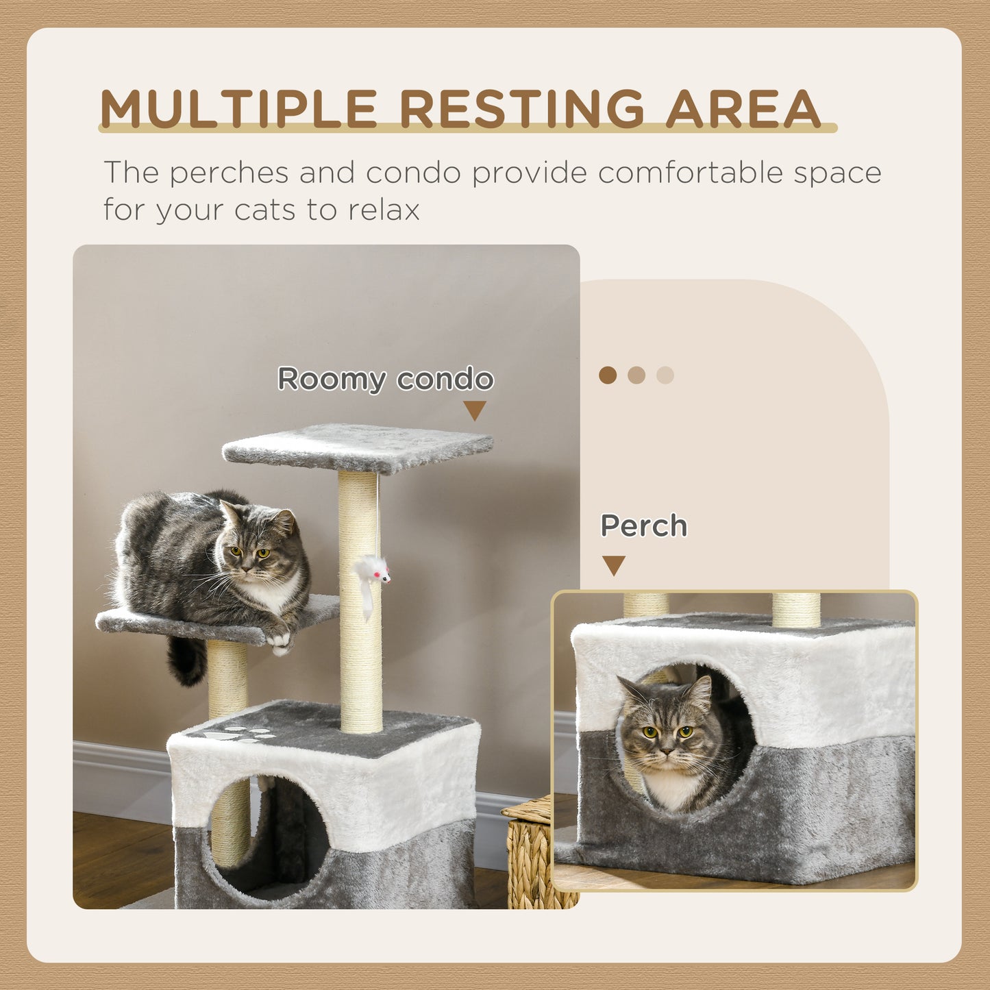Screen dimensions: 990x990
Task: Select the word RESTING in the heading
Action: (521, 109)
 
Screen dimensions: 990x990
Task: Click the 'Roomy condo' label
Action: (385, 379)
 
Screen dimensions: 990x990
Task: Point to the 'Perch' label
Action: (643, 525)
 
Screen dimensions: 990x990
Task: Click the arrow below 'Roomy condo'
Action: (474, 410)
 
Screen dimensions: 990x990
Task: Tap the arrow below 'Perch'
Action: (613, 565)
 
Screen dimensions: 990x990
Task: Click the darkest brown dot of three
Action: (608, 375)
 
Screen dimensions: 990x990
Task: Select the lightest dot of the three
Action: (665, 375)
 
